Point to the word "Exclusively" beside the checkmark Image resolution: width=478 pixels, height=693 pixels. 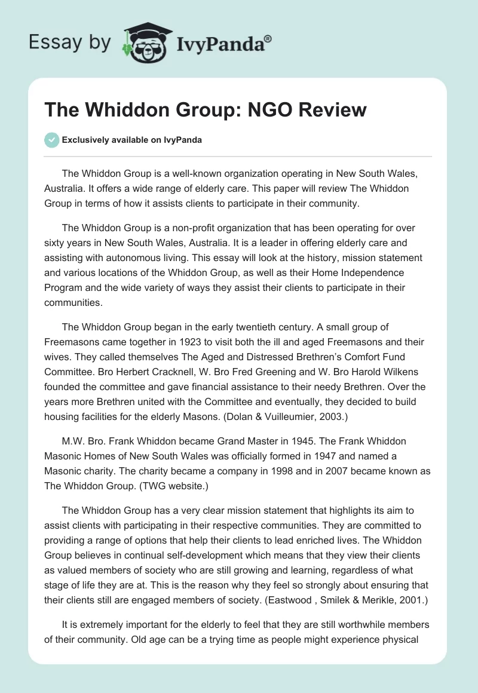click(84, 140)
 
